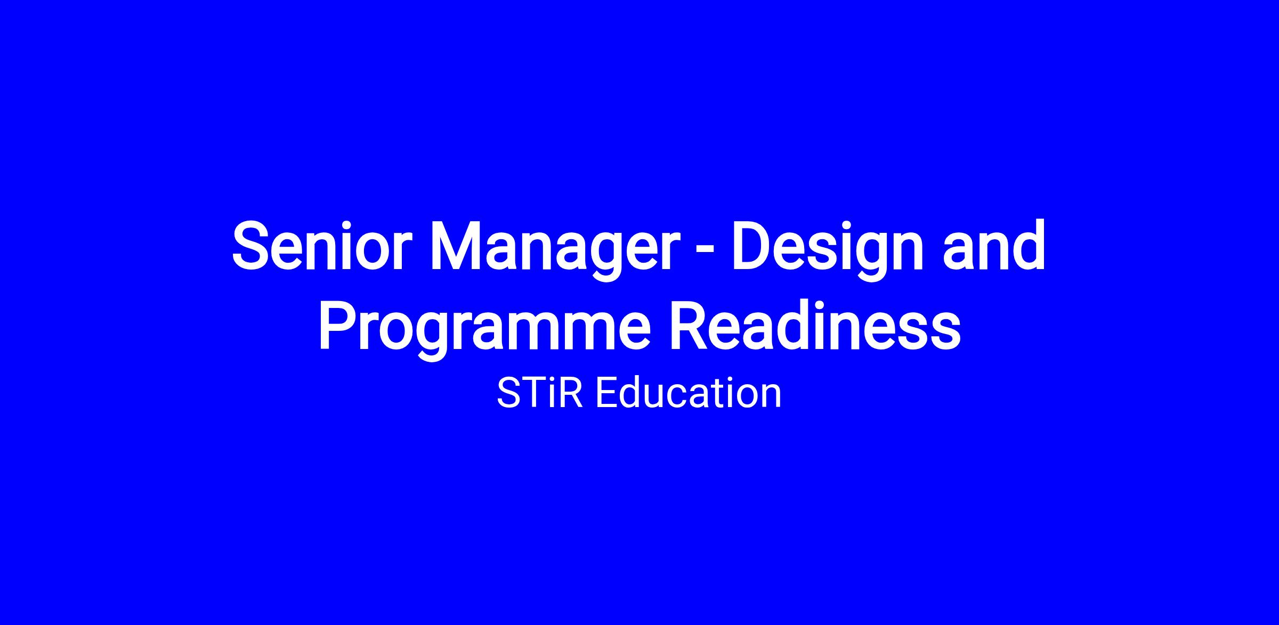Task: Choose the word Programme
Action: [x=484, y=330]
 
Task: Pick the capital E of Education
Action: [x=607, y=393]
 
